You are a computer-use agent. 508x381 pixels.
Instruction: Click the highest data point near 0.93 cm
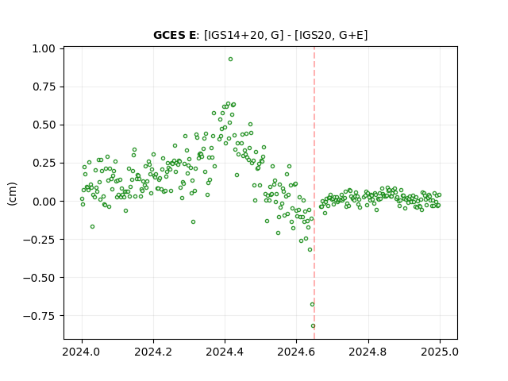230,60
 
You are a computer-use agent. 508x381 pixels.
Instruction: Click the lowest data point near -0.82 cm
313,326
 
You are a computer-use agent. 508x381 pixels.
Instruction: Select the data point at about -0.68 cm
312,305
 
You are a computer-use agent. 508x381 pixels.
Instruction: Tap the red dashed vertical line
314,193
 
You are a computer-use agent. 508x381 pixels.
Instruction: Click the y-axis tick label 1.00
44,48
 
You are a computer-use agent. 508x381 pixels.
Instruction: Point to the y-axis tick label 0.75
44,87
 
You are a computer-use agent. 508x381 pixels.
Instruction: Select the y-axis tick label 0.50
44,125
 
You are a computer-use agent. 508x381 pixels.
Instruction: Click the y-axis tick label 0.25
44,163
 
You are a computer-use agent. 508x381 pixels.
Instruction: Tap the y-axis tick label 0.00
44,201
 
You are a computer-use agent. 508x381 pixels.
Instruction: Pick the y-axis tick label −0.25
39,240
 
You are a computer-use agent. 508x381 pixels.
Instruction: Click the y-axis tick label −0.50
39,277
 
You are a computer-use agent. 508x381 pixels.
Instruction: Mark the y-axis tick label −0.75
39,316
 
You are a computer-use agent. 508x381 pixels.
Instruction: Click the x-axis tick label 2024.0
82,352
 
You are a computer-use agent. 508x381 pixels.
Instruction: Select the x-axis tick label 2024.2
153,352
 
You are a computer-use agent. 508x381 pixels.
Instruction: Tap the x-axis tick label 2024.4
225,352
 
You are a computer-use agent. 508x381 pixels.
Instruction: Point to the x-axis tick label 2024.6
296,352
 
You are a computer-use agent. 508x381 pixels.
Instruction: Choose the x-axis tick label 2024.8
368,352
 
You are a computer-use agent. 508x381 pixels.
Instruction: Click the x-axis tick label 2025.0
440,352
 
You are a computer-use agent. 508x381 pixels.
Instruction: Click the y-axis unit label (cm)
12,194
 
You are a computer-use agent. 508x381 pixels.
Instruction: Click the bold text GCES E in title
175,35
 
